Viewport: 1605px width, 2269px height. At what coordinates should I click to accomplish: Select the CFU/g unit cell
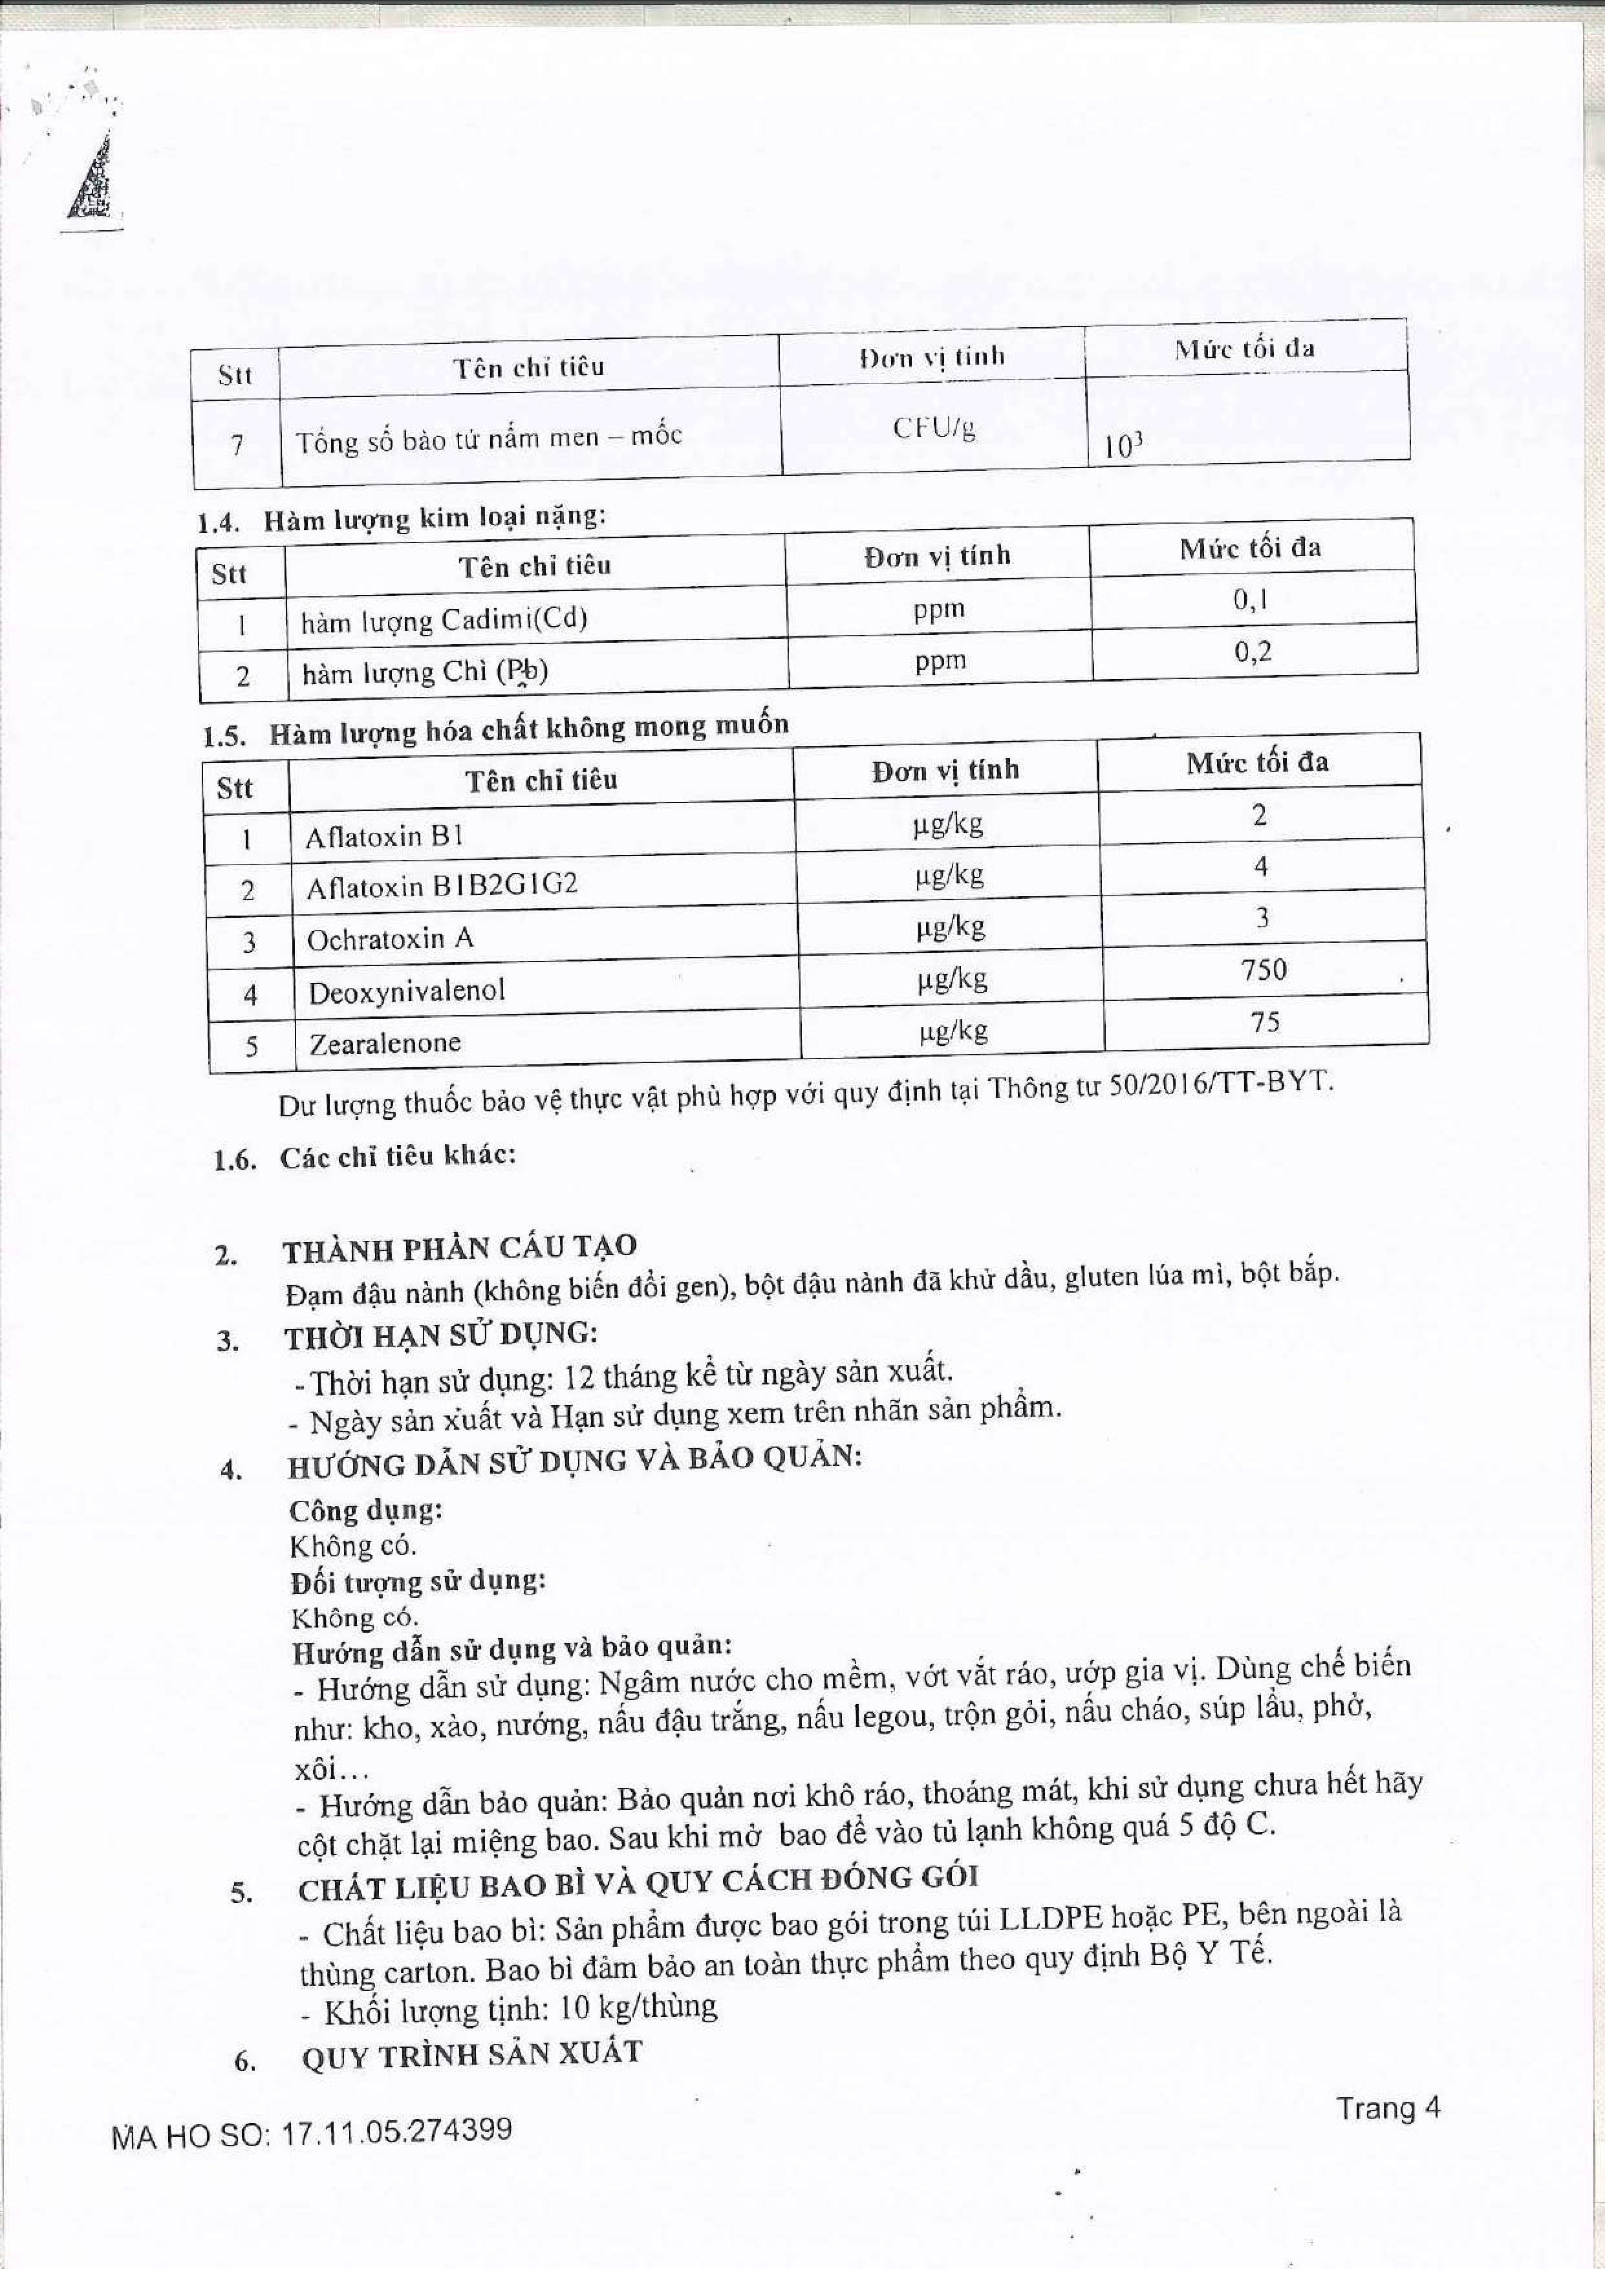pos(933,428)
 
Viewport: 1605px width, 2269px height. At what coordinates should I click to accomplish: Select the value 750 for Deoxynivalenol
pos(1264,969)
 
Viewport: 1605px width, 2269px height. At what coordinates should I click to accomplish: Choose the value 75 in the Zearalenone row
pos(1265,1022)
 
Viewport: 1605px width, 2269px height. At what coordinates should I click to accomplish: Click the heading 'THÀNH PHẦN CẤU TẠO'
pos(460,1249)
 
